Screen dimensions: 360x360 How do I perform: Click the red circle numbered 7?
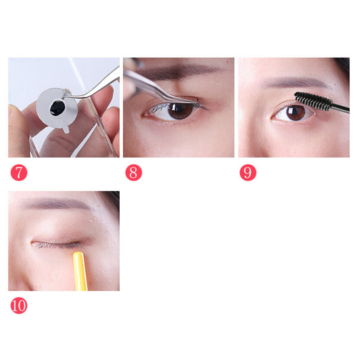point(19,172)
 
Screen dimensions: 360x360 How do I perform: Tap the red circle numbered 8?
point(134,172)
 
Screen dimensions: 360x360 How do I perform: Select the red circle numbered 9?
point(248,172)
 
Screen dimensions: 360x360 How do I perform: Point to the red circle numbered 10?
point(19,306)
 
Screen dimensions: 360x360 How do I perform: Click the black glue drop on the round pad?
point(57,108)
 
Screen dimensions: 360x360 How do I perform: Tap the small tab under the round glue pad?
point(66,129)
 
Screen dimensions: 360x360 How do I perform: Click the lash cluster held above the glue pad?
point(67,93)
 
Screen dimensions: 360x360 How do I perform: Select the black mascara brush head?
point(313,101)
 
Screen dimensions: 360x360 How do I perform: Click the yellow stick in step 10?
point(81,271)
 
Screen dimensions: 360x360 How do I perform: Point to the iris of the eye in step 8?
point(181,111)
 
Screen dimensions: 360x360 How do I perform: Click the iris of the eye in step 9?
point(296,113)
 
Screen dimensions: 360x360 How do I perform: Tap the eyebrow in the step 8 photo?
point(177,71)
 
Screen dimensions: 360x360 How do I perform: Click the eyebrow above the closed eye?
point(58,204)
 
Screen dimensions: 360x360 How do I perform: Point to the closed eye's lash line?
point(58,245)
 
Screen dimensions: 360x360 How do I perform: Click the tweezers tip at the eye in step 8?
point(197,100)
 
